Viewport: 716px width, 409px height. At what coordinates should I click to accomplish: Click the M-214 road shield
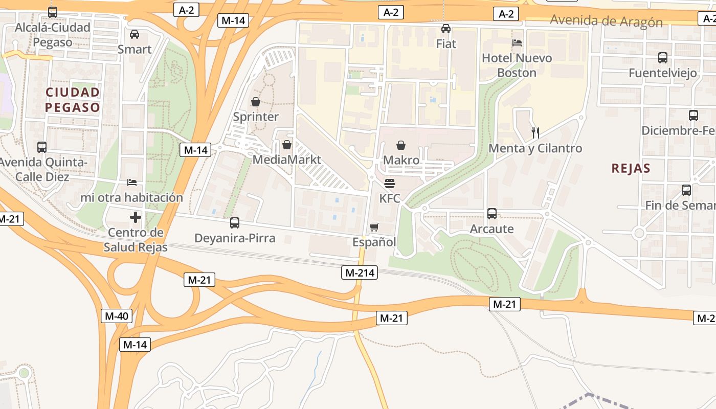click(360, 272)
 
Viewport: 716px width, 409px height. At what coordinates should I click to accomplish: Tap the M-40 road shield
click(117, 316)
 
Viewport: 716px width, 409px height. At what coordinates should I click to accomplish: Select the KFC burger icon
click(390, 184)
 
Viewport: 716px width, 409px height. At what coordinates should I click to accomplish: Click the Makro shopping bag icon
click(401, 146)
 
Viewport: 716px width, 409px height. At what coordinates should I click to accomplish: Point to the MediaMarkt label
click(287, 160)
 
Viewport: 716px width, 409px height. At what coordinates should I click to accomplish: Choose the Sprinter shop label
click(256, 117)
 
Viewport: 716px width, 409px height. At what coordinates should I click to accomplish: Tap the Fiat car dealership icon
click(446, 29)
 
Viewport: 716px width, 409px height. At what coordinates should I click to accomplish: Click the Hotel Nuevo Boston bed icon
click(517, 43)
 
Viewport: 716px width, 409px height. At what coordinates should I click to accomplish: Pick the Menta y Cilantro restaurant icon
click(535, 133)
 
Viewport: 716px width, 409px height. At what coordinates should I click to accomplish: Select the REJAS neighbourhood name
click(631, 168)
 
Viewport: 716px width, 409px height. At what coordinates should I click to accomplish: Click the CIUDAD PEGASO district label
click(72, 100)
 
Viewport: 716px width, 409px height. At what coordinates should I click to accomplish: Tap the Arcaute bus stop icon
click(492, 214)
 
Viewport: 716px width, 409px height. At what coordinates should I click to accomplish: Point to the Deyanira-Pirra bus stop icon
click(235, 223)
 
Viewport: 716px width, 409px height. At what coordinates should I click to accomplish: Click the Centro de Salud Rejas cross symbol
click(136, 218)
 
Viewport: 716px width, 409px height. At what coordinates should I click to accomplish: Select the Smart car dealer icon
click(135, 34)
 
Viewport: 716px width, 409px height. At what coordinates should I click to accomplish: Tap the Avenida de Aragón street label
click(606, 21)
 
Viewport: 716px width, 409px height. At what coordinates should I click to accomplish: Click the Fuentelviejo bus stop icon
click(663, 58)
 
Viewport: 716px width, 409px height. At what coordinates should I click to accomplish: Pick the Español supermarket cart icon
click(374, 227)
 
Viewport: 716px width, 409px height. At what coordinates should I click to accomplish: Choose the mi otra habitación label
click(131, 197)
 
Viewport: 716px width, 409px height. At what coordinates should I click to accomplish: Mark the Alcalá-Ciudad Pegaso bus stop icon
click(52, 12)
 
